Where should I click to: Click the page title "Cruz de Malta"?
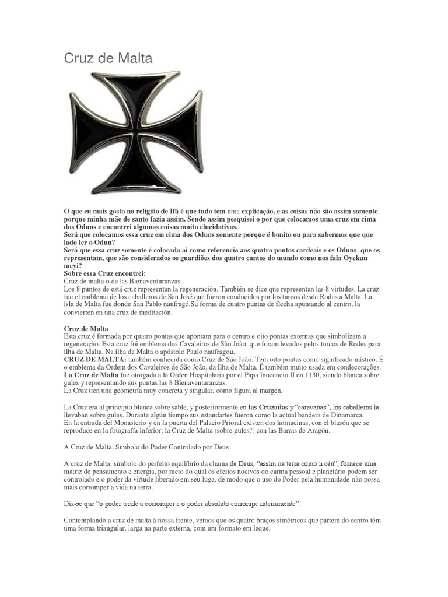pos(108,58)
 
